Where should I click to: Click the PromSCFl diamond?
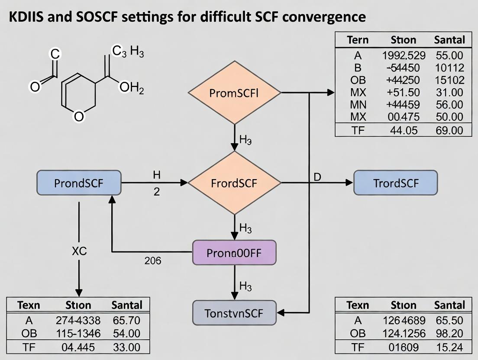tap(234, 93)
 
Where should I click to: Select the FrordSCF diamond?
tap(234, 183)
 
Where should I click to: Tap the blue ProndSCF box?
tap(79, 183)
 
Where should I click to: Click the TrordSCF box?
tap(396, 183)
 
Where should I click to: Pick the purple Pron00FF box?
tap(234, 253)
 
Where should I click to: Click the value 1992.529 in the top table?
tap(404, 55)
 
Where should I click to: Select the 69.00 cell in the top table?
tap(449, 130)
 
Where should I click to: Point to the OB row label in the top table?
tap(358, 80)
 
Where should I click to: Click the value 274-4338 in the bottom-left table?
tap(78, 321)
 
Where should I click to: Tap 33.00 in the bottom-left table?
tap(126, 347)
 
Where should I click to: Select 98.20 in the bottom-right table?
tap(449, 334)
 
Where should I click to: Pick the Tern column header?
tap(358, 40)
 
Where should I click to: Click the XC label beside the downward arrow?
tap(78, 252)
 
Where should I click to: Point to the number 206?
tap(152, 260)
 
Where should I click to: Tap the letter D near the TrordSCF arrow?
tap(317, 177)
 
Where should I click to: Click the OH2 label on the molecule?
tap(132, 88)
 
